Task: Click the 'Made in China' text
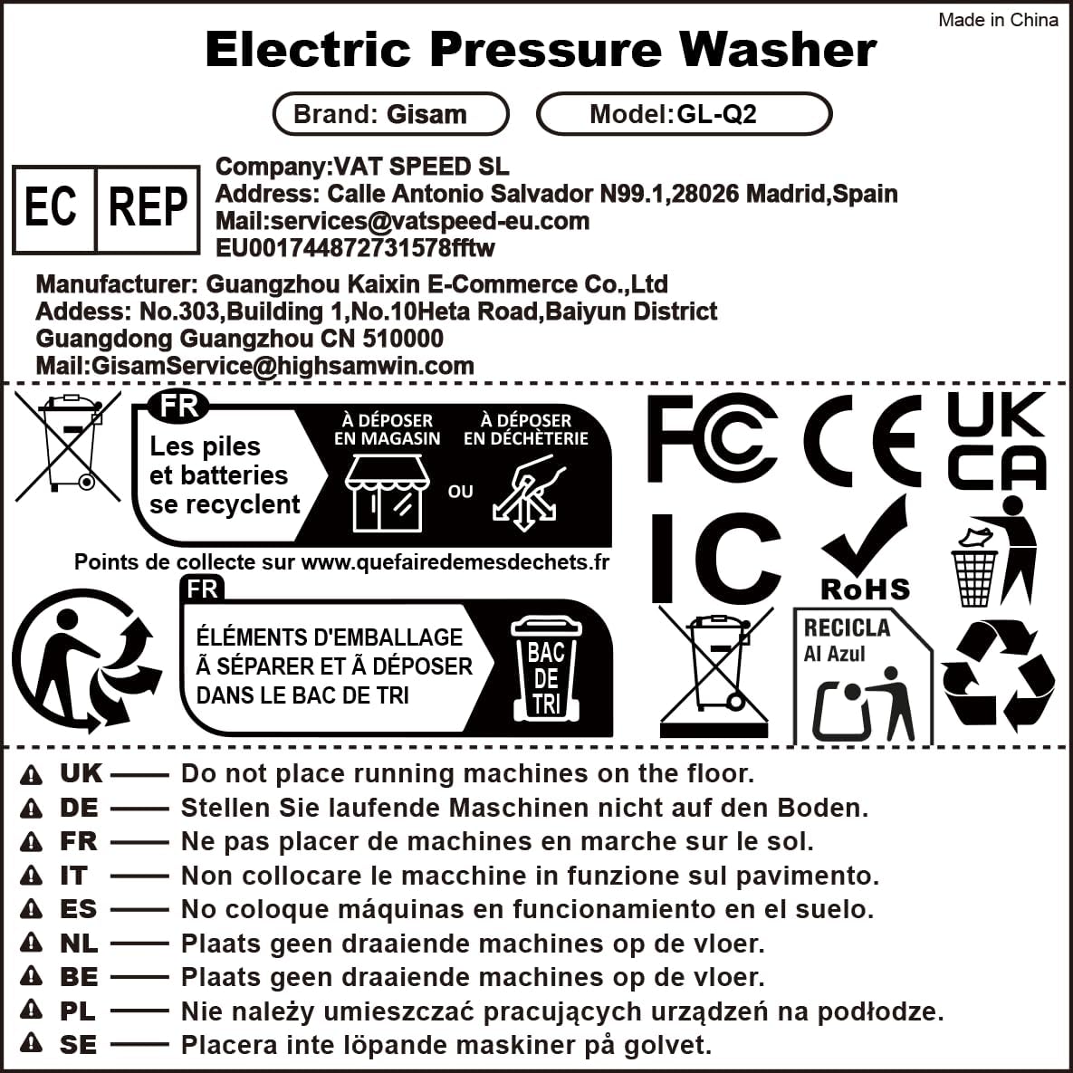998,20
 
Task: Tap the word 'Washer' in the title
778,49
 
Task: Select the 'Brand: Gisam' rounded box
390,113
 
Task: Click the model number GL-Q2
716,113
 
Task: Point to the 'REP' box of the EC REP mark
148,208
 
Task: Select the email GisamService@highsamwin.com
283,366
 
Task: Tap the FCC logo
712,438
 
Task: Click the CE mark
861,440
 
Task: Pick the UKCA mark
997,441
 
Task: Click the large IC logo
715,558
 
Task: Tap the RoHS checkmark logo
865,550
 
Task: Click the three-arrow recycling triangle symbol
999,674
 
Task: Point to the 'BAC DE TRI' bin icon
546,668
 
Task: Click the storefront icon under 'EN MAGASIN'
388,493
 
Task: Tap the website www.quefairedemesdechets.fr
455,561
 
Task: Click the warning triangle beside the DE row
31,809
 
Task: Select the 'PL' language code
78,1011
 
